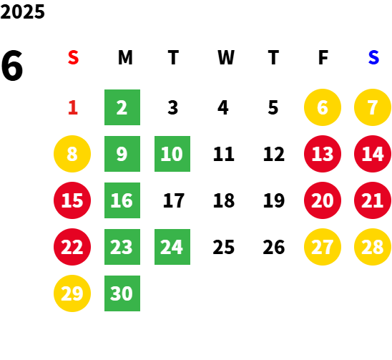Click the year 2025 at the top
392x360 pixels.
(x=22, y=11)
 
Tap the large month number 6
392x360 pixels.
(x=12, y=65)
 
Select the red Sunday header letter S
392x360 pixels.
(x=73, y=57)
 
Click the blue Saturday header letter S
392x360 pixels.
(x=373, y=57)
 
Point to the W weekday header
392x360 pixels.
(x=226, y=57)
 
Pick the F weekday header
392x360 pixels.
(x=323, y=57)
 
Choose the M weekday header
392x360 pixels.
(x=125, y=57)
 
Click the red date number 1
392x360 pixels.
(x=73, y=107)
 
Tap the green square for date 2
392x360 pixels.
(x=122, y=107)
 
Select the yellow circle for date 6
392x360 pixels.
(x=323, y=107)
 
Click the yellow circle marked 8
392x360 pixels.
(x=72, y=154)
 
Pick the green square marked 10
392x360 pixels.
(x=172, y=154)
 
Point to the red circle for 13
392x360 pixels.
(x=323, y=154)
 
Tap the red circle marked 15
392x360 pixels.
(x=72, y=200)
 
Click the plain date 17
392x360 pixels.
(x=174, y=200)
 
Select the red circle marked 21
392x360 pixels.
(x=373, y=200)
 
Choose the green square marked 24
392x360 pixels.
(x=172, y=247)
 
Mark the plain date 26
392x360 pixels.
(x=274, y=247)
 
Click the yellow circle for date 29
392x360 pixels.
(x=72, y=293)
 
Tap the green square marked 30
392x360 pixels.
(x=122, y=293)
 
